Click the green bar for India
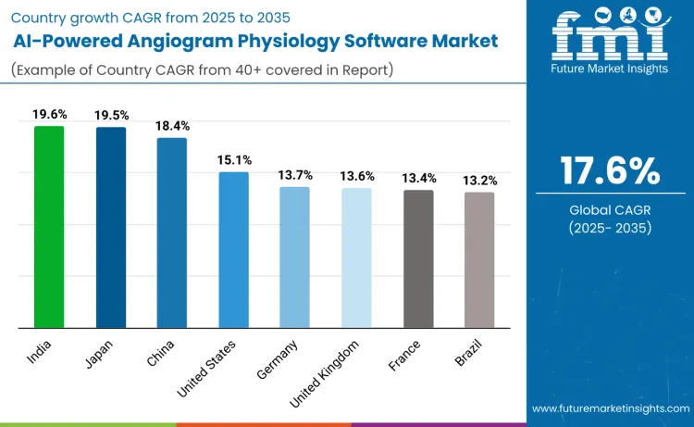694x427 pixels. click(x=49, y=227)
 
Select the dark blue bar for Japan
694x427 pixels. click(x=111, y=227)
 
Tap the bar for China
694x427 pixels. click(x=172, y=232)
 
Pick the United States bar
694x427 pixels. click(x=233, y=249)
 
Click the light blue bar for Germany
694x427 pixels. click(x=294, y=257)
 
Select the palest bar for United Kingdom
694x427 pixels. click(x=356, y=257)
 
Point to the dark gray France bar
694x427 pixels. click(x=417, y=258)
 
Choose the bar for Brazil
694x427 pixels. click(x=479, y=259)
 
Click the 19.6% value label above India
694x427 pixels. click(x=49, y=115)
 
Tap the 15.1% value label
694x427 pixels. click(x=233, y=160)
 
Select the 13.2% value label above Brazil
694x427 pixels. click(x=479, y=180)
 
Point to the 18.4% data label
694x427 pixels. click(x=172, y=125)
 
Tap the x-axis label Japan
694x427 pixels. click(x=99, y=353)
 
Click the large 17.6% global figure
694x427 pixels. click(x=610, y=170)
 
